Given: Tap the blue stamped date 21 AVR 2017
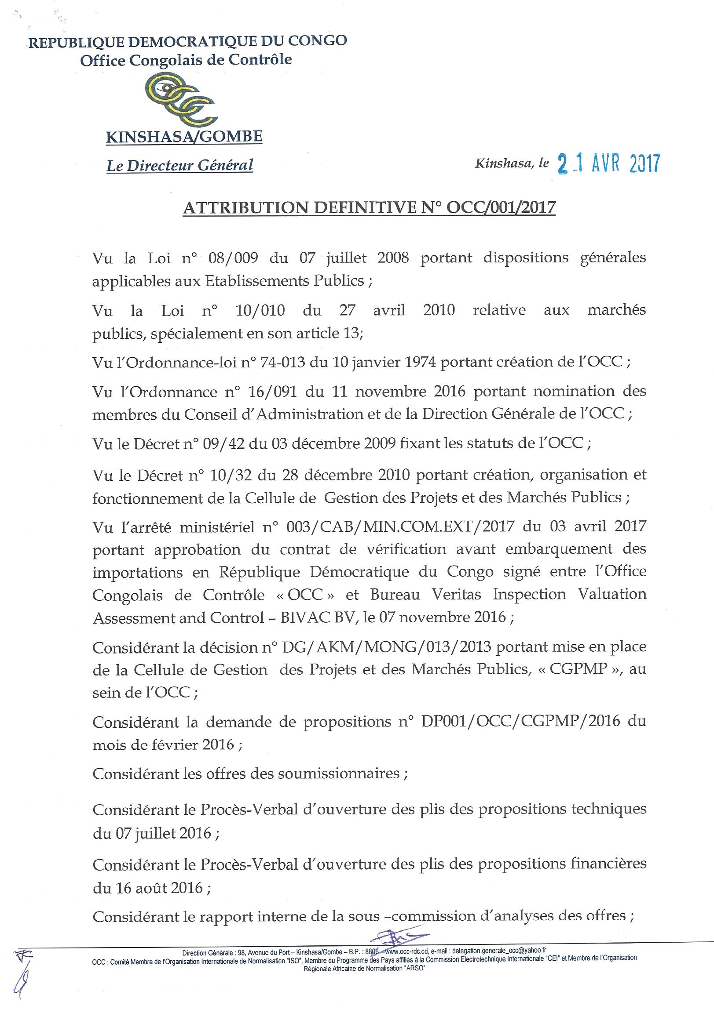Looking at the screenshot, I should pos(609,163).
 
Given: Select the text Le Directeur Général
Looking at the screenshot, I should pos(180,165).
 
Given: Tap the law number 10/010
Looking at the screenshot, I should pos(260,310).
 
